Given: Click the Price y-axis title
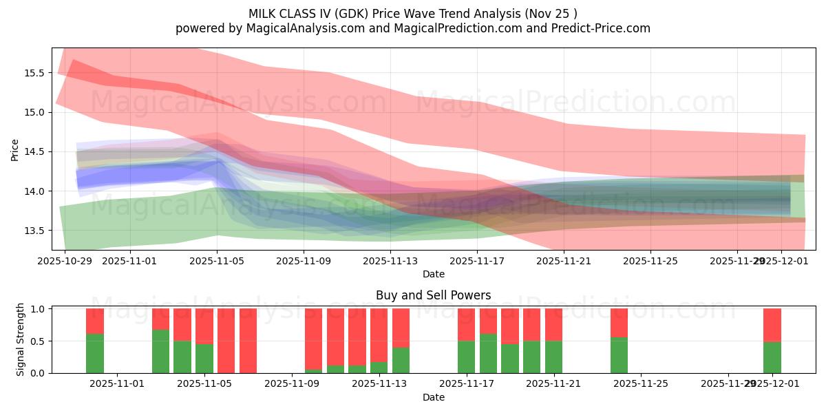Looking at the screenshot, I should [x=15, y=149].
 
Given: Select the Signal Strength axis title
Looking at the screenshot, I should [x=21, y=339].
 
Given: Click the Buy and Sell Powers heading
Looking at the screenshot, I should [x=433, y=295].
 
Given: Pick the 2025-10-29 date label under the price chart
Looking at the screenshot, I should [x=65, y=262].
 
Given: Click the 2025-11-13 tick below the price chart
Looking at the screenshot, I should [x=390, y=262].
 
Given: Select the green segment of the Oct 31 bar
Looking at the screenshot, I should [x=95, y=354].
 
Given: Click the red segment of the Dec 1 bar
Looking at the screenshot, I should [x=772, y=325].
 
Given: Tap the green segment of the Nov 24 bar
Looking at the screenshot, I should [x=619, y=355].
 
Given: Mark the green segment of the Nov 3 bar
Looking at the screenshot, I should [x=160, y=352].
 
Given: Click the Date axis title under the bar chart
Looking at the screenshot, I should [x=433, y=397].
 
